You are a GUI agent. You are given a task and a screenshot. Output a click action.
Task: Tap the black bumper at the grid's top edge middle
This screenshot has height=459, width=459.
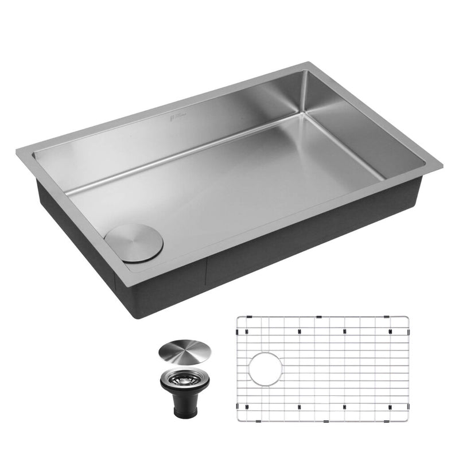317,317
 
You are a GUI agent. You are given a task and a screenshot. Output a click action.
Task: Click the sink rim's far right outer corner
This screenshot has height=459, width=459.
443,166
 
